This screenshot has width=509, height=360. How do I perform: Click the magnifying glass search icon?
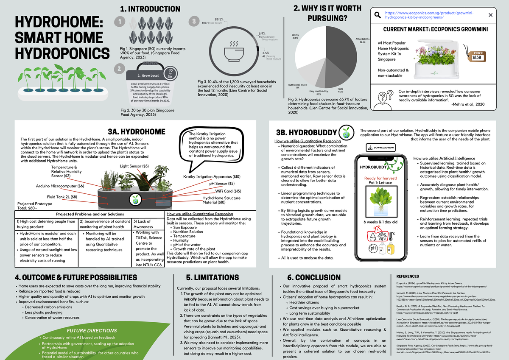(x=377, y=16)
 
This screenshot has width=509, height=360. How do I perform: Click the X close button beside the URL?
(x=490, y=15)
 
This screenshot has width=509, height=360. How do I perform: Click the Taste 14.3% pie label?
(x=340, y=90)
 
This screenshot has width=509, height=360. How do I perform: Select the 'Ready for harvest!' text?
(x=380, y=178)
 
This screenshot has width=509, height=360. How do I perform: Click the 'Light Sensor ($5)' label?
(x=134, y=166)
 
